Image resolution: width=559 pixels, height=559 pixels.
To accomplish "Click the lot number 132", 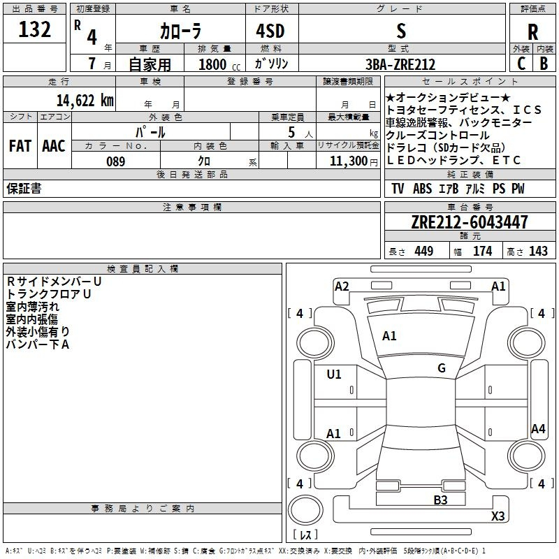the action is [34, 29].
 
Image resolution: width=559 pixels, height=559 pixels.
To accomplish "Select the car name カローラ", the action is [180, 31].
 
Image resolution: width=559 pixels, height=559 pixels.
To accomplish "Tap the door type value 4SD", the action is [270, 31].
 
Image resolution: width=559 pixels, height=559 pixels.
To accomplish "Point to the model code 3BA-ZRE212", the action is [400, 64].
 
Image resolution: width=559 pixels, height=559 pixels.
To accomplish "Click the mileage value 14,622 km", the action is [85, 101].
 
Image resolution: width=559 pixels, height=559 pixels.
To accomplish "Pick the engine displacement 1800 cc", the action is [219, 64].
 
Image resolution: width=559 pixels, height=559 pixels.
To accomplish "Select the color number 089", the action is [116, 161].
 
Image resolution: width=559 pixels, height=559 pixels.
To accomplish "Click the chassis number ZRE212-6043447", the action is [470, 222].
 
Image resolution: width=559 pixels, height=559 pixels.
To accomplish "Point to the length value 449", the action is [424, 251].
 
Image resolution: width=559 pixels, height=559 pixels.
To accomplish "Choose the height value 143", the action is [538, 251].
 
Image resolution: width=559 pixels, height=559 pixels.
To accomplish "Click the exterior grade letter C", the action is [521, 64].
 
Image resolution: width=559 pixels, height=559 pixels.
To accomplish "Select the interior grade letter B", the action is [544, 64].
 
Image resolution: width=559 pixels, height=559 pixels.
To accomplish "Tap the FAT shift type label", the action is [20, 146].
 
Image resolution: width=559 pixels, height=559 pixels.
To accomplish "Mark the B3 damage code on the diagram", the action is [440, 500].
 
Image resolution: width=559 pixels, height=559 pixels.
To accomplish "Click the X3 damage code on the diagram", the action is [498, 516].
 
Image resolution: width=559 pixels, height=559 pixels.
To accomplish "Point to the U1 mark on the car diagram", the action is [334, 375].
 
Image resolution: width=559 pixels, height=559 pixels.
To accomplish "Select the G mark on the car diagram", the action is [442, 368].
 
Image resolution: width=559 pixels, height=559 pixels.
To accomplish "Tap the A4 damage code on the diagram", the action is [538, 428].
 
